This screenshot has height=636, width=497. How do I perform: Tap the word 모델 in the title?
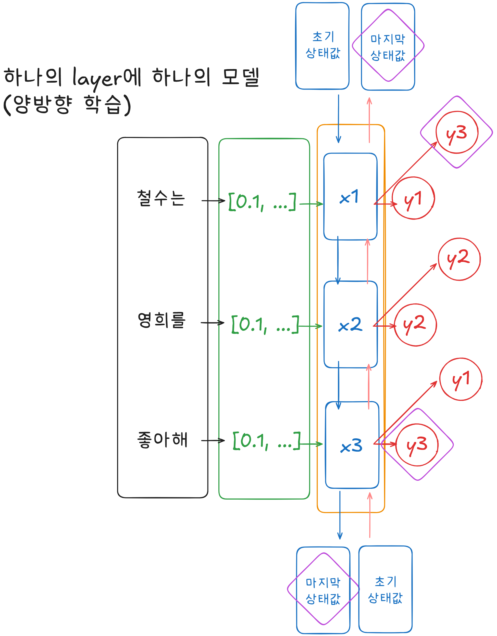(x=241, y=77)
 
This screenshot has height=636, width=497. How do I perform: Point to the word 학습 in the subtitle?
(x=103, y=104)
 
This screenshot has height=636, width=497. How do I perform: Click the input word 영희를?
(x=161, y=320)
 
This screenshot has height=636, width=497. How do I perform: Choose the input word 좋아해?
(x=162, y=440)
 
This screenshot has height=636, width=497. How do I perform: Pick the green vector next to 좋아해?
(x=266, y=441)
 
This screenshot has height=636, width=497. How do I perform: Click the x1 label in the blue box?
(x=349, y=197)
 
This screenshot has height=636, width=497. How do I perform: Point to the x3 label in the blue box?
(x=351, y=446)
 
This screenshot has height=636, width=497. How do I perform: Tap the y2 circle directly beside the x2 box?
(x=415, y=325)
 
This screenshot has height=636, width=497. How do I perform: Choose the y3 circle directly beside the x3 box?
(x=417, y=445)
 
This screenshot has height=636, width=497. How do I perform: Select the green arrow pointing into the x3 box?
(x=311, y=444)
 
